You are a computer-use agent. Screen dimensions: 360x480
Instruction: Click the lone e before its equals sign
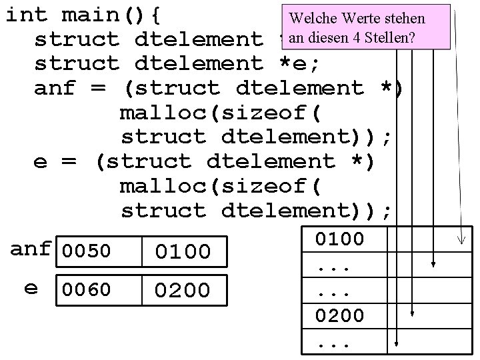(41, 162)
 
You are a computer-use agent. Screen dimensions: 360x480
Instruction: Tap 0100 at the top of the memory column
(339, 239)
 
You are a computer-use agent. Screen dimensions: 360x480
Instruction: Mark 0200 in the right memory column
(339, 315)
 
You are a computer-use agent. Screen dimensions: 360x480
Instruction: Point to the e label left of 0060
(31, 288)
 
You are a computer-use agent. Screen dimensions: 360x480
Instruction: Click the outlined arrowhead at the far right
(459, 237)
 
